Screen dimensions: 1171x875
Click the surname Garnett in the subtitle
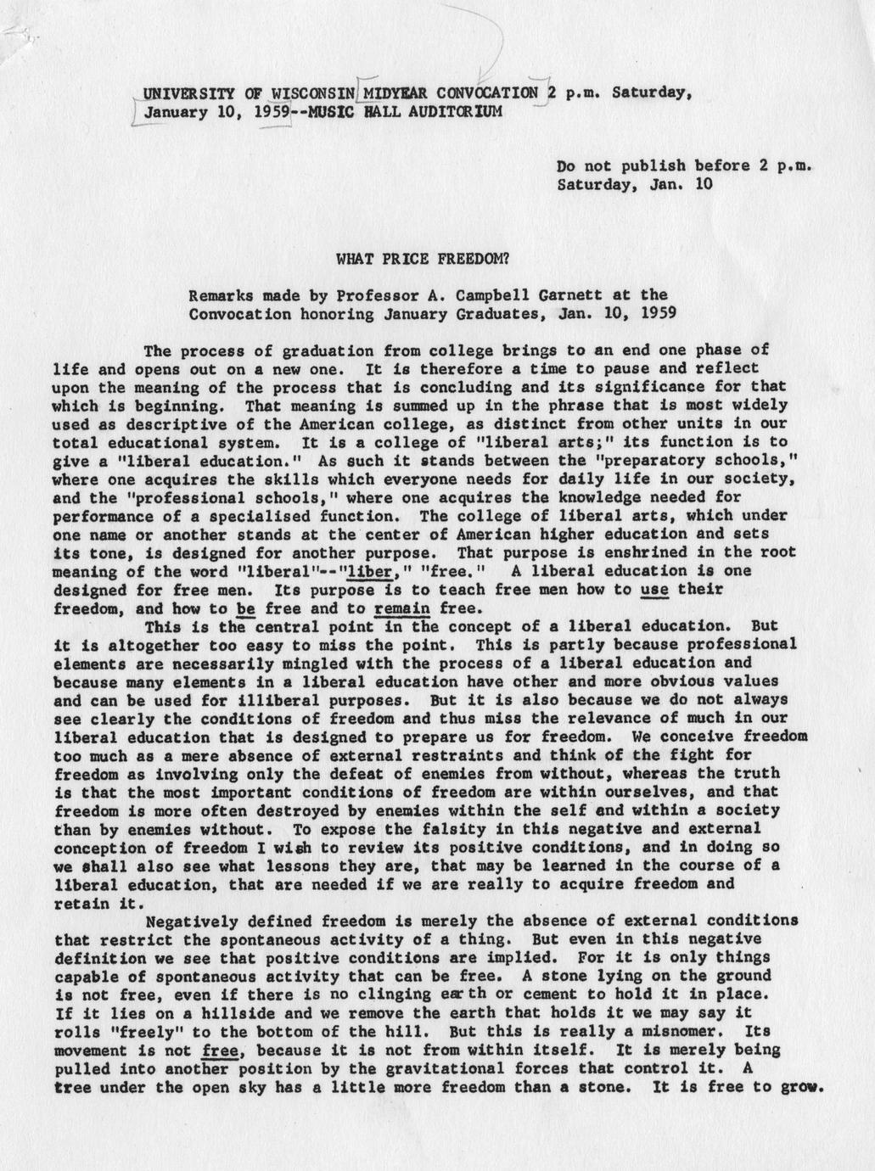(571, 295)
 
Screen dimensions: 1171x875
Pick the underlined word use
(654, 589)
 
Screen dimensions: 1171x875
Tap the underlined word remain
(401, 608)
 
